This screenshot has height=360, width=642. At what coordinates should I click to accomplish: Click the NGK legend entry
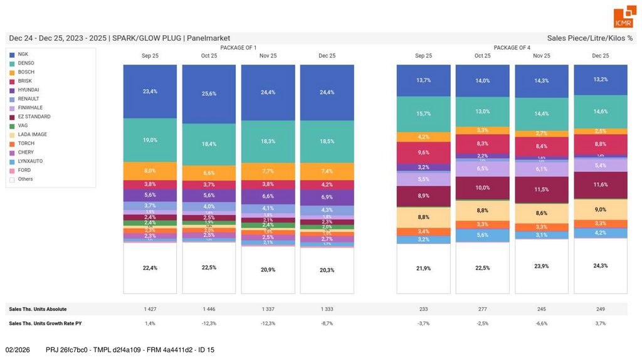click(23, 54)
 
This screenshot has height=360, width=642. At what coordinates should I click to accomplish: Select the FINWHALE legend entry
click(29, 108)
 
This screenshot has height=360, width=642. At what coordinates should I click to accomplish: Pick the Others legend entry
click(25, 179)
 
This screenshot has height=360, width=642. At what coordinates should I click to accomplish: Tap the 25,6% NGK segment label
click(209, 93)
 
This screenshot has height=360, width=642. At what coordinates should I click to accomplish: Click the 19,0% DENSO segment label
click(150, 140)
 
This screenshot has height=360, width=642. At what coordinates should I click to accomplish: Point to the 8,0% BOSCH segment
click(150, 171)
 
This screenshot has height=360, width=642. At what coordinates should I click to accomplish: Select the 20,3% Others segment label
click(327, 270)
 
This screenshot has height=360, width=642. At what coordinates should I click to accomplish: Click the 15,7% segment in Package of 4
click(423, 114)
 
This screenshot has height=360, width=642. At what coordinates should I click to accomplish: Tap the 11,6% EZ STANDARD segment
click(601, 185)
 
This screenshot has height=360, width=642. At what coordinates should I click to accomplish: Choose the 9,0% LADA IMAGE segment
click(601, 209)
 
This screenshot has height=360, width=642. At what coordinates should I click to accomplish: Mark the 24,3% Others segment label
click(601, 265)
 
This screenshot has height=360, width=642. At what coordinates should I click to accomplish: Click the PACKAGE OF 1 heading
click(238, 48)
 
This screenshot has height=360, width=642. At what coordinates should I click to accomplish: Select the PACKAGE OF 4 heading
click(512, 48)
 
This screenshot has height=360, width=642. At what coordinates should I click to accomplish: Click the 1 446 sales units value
click(209, 309)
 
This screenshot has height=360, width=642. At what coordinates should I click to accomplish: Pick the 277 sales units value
click(482, 309)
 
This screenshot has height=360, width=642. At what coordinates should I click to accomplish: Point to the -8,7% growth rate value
click(327, 323)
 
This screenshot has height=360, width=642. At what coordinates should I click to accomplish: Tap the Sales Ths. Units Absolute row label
click(38, 309)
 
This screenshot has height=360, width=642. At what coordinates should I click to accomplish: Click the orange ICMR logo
click(624, 18)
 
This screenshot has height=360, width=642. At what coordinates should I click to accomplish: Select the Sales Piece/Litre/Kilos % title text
click(589, 38)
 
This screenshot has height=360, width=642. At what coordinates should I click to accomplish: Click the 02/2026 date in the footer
click(18, 349)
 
